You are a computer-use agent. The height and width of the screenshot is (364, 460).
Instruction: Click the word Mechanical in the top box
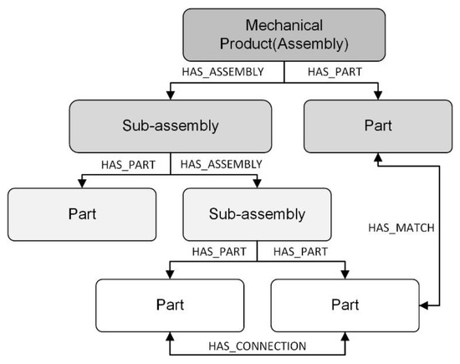[x=284, y=28]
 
